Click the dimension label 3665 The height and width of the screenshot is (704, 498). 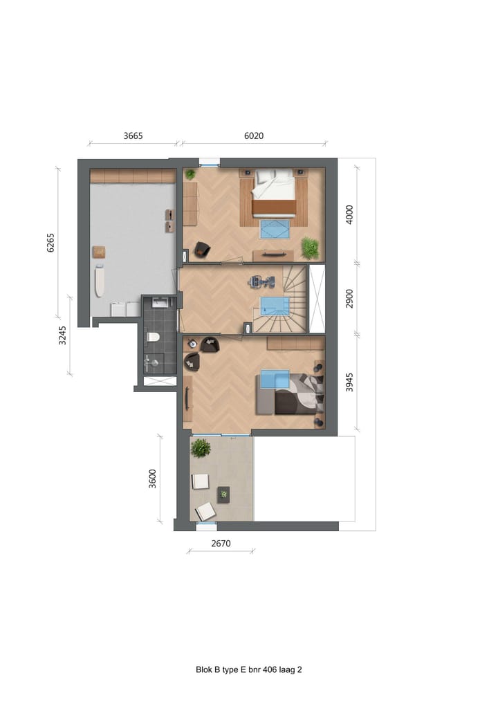pyautogui.click(x=133, y=136)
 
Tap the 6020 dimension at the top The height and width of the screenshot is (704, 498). pyautogui.click(x=254, y=136)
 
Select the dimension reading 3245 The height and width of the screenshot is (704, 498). pyautogui.click(x=62, y=335)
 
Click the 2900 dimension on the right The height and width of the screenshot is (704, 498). pyautogui.click(x=349, y=298)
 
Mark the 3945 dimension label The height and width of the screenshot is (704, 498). pyautogui.click(x=349, y=382)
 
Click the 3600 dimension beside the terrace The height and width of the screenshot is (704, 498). pyautogui.click(x=153, y=479)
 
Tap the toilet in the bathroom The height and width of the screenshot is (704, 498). pyautogui.click(x=154, y=337)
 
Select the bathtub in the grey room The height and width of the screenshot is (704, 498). pyautogui.click(x=100, y=281)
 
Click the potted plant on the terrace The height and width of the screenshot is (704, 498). pyautogui.click(x=201, y=448)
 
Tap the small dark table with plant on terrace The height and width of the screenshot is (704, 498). pyautogui.click(x=223, y=493)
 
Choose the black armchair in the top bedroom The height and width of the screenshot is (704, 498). pyautogui.click(x=201, y=249)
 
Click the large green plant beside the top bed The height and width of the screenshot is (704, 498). pyautogui.click(x=309, y=247)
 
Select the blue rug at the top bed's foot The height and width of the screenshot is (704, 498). pyautogui.click(x=275, y=229)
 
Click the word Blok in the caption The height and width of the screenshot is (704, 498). pyautogui.click(x=205, y=669)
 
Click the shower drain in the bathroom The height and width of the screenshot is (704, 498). pyautogui.click(x=159, y=380)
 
